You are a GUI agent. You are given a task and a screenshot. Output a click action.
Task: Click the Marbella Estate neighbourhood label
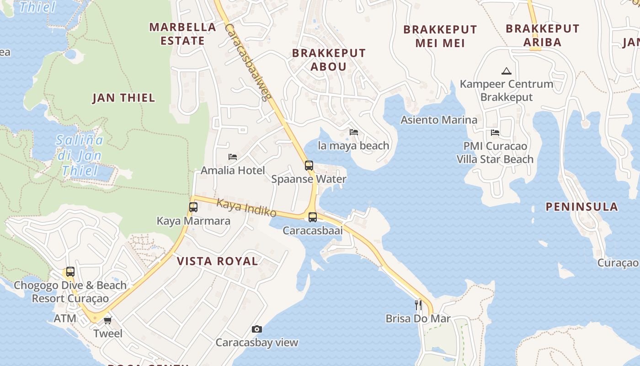pyautogui.click(x=182, y=34)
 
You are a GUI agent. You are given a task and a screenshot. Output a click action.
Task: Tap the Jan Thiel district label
pyautogui.click(x=124, y=97)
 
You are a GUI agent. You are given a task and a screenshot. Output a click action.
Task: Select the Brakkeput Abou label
pyautogui.click(x=329, y=59)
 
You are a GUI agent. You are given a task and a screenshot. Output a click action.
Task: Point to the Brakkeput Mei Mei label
pyautogui.click(x=440, y=36)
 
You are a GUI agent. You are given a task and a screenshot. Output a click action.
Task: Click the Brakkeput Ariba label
pyautogui.click(x=542, y=35)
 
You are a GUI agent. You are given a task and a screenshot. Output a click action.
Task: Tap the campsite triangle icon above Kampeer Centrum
pyautogui.click(x=506, y=71)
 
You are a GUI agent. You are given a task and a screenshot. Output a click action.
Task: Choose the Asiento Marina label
pyautogui.click(x=439, y=120)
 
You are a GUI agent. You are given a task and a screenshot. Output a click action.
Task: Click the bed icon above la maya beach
pyautogui.click(x=354, y=132)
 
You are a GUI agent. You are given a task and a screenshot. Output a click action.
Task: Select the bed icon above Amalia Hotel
pyautogui.click(x=233, y=157)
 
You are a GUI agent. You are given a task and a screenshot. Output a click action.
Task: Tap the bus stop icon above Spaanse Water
pyautogui.click(x=309, y=165)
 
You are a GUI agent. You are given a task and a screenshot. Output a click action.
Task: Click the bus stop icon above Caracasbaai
pyautogui.click(x=313, y=217)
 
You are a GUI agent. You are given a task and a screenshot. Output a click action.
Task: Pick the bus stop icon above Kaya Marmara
pyautogui.click(x=193, y=207)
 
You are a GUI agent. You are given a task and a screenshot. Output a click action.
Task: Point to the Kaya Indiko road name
pyautogui.click(x=246, y=207)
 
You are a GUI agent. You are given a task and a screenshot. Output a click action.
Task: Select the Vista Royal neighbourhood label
pyautogui.click(x=217, y=261)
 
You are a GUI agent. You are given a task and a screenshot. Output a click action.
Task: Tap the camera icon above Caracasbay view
pyautogui.click(x=257, y=329)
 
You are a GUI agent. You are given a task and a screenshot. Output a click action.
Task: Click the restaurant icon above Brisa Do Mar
pyautogui.click(x=418, y=305)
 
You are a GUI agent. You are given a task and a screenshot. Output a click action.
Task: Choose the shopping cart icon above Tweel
pyautogui.click(x=108, y=320)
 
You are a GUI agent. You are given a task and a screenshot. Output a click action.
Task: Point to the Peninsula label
pyautogui.click(x=582, y=206)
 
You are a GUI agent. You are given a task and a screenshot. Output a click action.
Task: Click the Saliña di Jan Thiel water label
pyautogui.click(x=80, y=156)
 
